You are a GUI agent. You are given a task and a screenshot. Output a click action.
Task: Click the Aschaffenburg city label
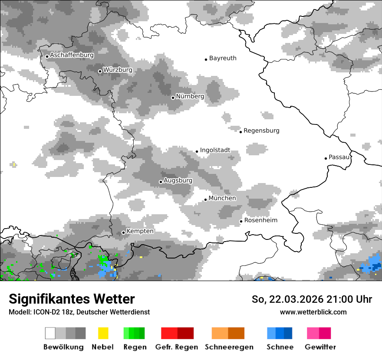click(72, 55)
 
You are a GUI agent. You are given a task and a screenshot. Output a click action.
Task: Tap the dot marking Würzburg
click(100, 71)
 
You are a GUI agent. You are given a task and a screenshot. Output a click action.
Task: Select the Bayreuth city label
click(223, 58)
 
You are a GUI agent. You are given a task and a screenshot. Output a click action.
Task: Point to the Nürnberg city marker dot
click(173, 98)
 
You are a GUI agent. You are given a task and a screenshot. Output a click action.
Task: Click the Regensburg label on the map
click(261, 131)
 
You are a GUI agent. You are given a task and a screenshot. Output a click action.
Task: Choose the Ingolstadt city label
click(215, 150)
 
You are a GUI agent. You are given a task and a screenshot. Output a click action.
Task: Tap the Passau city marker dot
click(326, 158)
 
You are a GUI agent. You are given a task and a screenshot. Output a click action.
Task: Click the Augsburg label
click(178, 180)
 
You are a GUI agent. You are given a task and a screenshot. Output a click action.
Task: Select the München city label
click(222, 198)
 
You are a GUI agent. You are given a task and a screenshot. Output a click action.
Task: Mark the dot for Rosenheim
click(241, 222)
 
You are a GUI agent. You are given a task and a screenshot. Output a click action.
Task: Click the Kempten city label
click(140, 231)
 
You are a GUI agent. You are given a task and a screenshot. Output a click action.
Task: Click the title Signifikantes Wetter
click(72, 299)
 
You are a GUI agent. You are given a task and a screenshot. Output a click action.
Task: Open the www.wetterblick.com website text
click(313, 312)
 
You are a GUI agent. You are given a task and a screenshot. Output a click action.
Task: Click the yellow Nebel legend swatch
click(103, 333)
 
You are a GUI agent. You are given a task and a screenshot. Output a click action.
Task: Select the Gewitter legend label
click(320, 347)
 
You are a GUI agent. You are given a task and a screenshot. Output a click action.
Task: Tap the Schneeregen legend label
click(229, 347)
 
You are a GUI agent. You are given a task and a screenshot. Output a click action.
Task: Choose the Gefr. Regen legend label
click(177, 347)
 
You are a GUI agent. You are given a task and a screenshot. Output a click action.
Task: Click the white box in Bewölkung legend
click(50, 333)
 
